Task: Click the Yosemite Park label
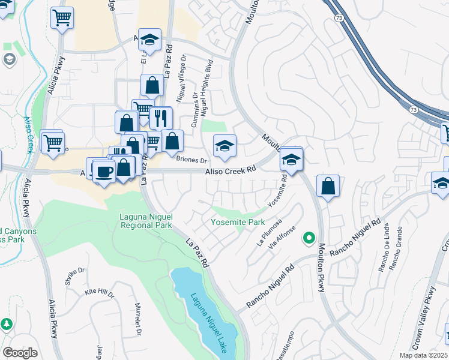(x=238, y=222)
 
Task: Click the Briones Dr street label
(x=191, y=160)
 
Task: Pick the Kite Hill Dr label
(x=99, y=293)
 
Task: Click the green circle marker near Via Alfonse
(x=309, y=238)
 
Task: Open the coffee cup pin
(x=104, y=172)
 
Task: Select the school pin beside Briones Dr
(x=224, y=146)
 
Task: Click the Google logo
(x=20, y=353)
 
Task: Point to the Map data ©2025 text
(x=424, y=355)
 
